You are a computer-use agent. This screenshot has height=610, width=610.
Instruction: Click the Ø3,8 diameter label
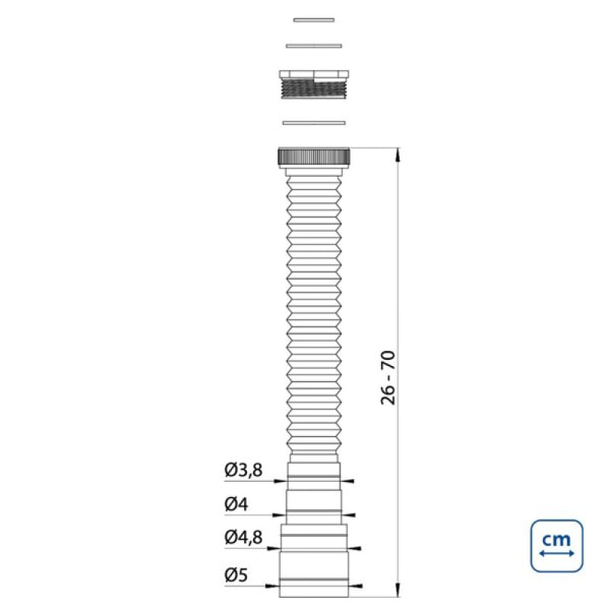pos(243,470)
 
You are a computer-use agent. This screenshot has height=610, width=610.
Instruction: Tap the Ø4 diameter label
pos(236,504)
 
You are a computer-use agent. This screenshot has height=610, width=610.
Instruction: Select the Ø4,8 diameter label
pos(243,538)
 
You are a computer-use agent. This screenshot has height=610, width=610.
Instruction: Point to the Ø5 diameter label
pos(236,575)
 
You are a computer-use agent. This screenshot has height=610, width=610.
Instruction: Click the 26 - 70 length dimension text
pos(388,377)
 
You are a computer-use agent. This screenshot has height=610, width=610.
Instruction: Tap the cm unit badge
pos(557,546)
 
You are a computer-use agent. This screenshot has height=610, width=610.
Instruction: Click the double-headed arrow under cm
pos(557,554)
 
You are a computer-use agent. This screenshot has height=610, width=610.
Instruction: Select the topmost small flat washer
pos(314,20)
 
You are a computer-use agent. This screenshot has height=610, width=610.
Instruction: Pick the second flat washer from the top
pos(314,46)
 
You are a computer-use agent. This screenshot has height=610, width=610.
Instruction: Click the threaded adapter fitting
pos(314,85)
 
